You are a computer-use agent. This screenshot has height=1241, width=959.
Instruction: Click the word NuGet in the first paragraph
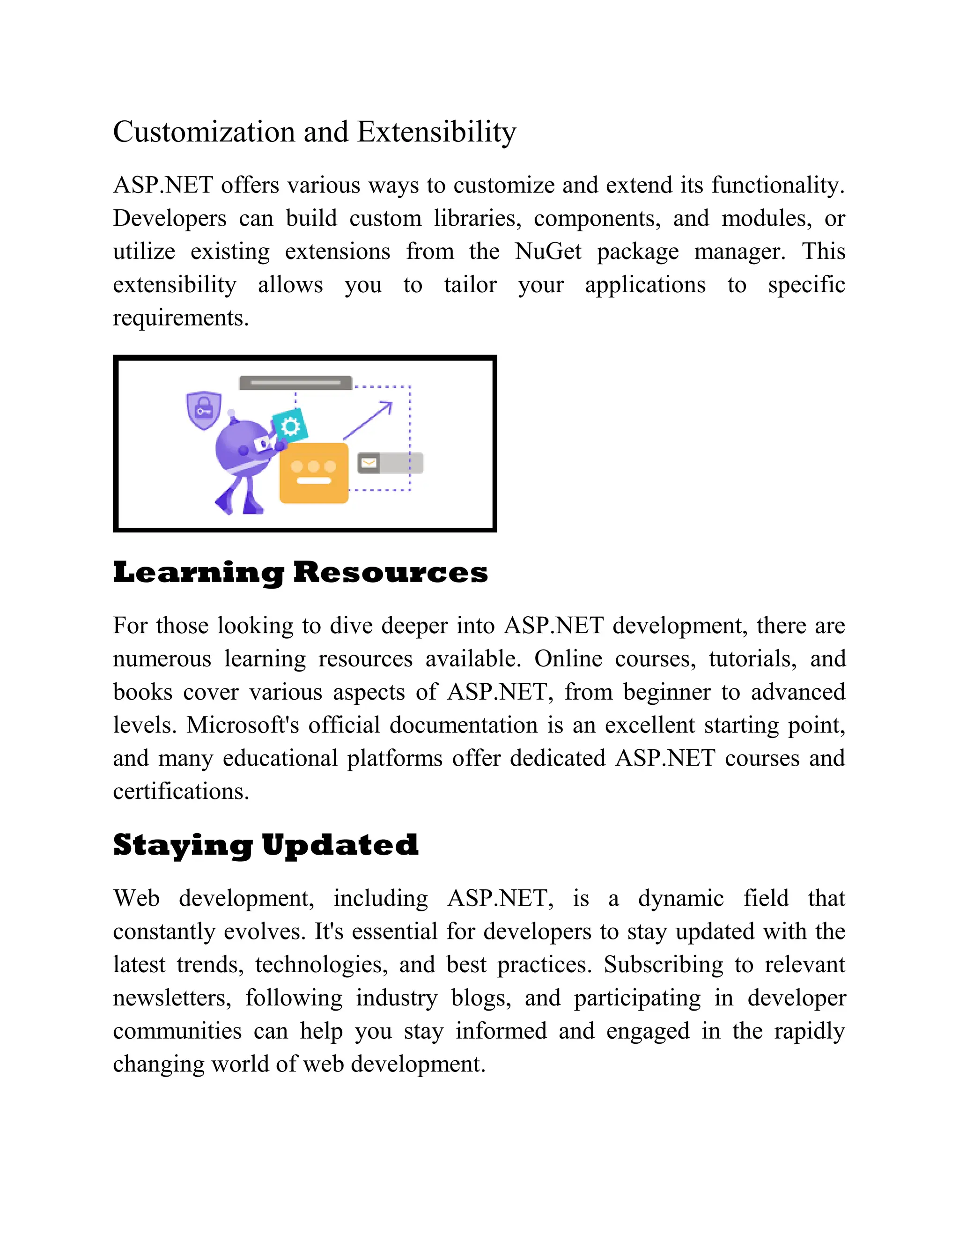click(x=548, y=251)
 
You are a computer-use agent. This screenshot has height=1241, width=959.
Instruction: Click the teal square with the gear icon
click(x=290, y=426)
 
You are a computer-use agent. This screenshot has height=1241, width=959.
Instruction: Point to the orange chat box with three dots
click(x=314, y=473)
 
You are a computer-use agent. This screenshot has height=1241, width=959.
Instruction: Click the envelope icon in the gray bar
click(x=369, y=463)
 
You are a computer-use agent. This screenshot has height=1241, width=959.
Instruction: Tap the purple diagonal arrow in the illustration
click(x=368, y=420)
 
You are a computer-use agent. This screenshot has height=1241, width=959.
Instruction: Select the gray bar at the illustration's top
click(x=295, y=383)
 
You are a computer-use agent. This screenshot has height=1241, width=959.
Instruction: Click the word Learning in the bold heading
click(x=198, y=573)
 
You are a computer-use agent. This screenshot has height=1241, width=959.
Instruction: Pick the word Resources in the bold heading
click(x=391, y=573)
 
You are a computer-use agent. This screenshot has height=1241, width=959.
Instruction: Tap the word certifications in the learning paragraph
click(x=181, y=791)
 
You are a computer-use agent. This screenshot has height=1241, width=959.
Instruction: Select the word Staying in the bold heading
click(x=182, y=845)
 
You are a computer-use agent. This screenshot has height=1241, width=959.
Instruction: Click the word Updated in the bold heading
click(x=340, y=845)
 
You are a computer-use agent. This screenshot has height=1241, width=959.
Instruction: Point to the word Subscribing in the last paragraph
click(x=663, y=965)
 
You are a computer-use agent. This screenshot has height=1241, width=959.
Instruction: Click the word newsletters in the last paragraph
click(x=171, y=998)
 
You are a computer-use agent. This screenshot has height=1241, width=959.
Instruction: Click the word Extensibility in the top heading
click(x=436, y=133)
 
